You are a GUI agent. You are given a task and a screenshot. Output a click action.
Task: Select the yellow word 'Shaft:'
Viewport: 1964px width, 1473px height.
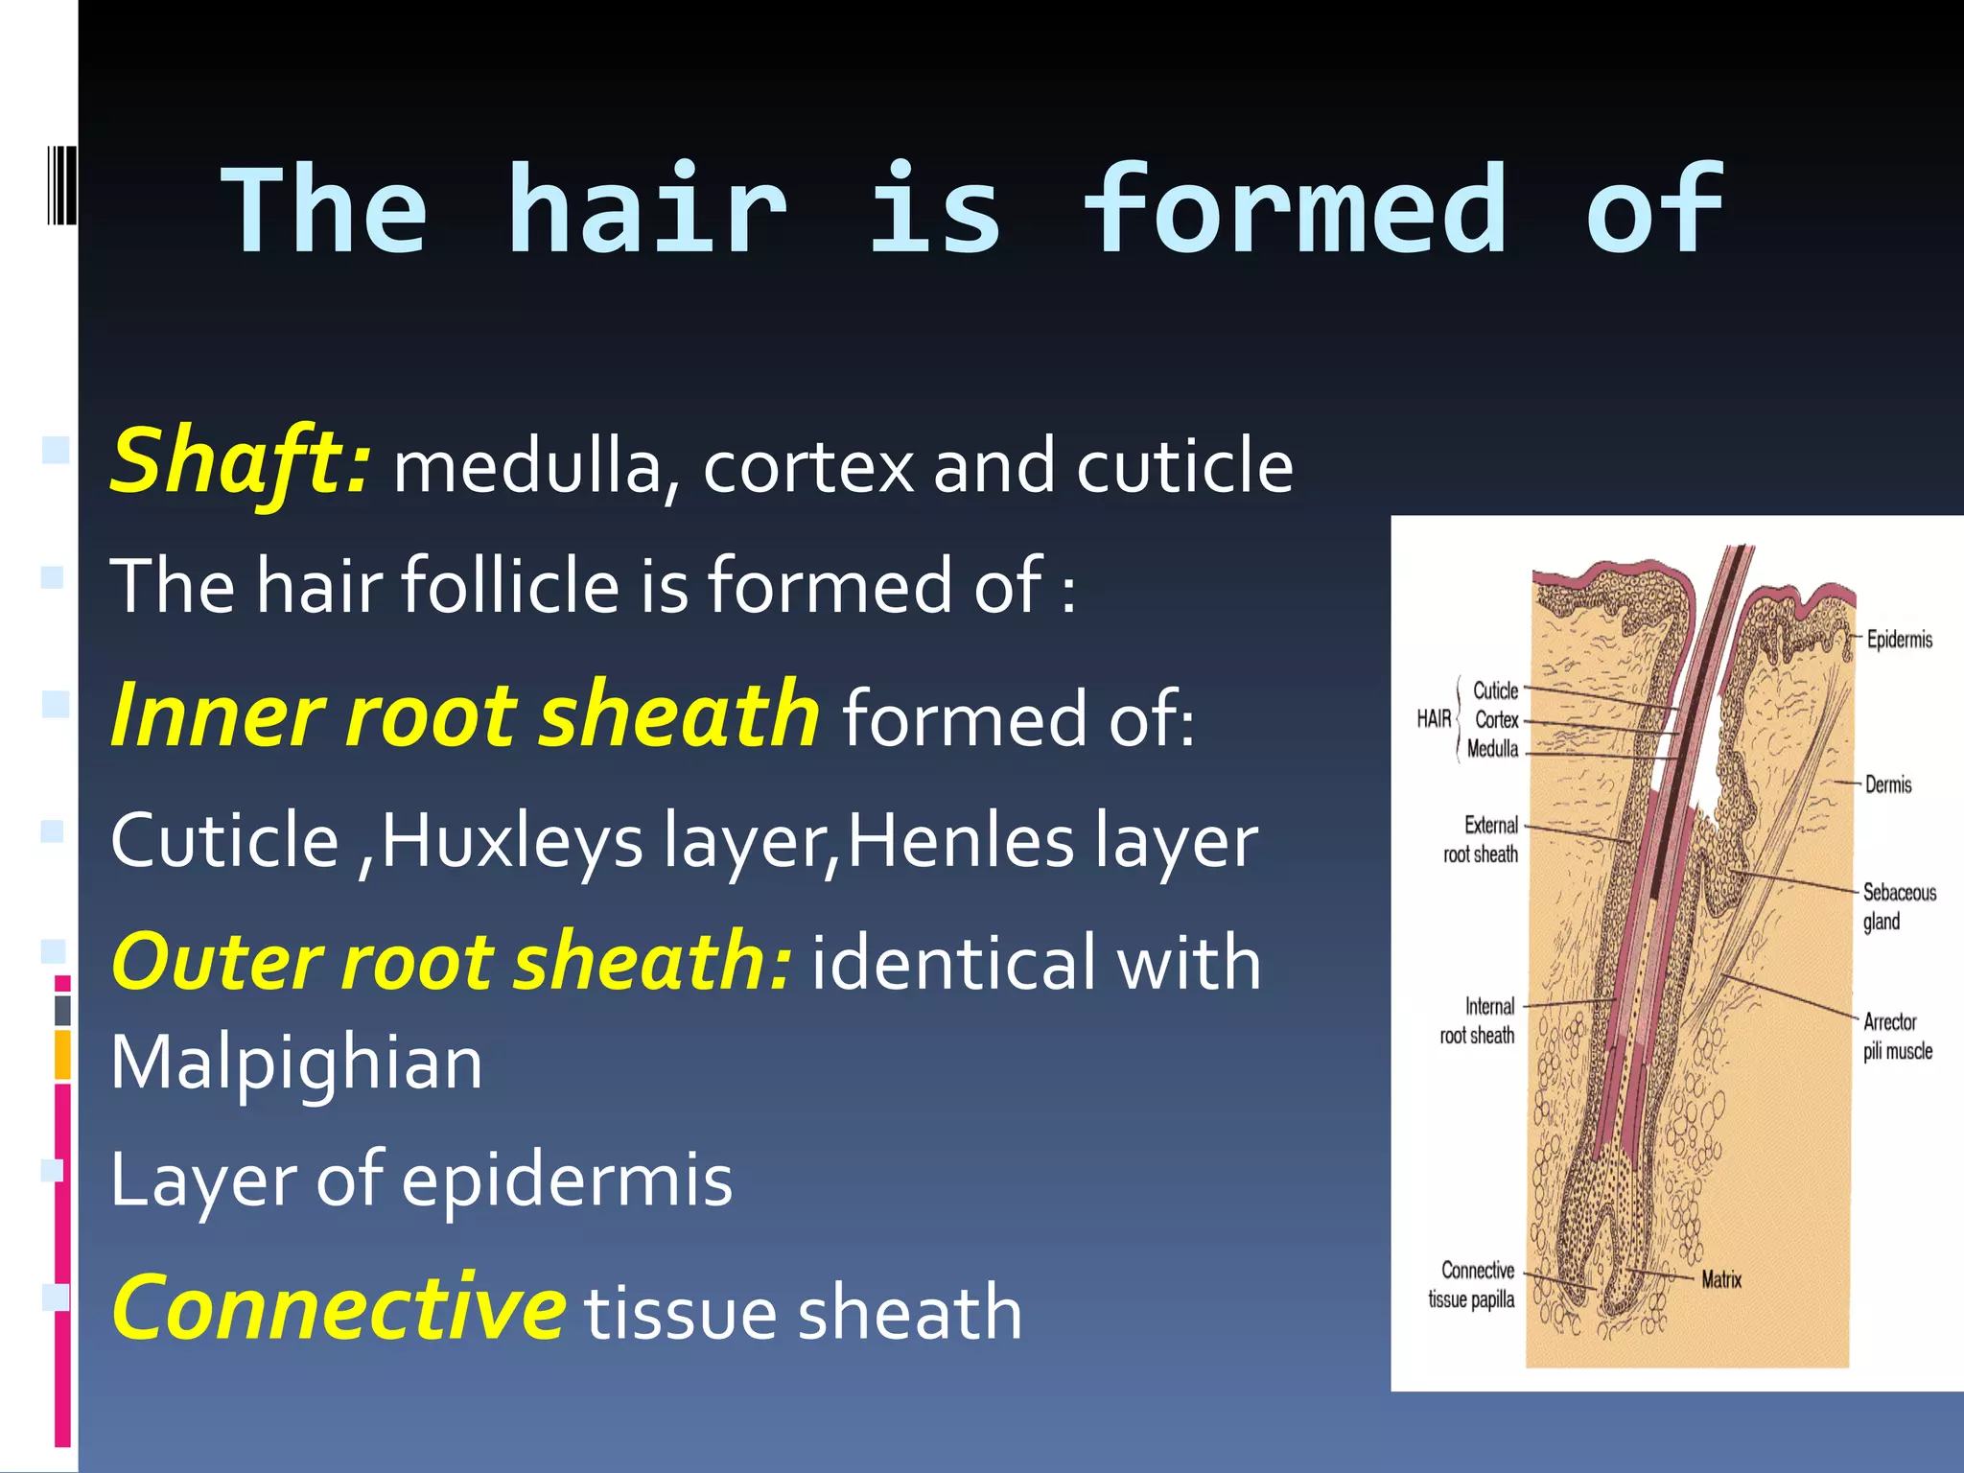[239, 462]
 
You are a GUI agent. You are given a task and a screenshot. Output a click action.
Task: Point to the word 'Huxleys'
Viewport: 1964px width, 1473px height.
[512, 841]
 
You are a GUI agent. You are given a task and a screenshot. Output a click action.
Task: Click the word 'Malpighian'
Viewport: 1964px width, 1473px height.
[296, 1064]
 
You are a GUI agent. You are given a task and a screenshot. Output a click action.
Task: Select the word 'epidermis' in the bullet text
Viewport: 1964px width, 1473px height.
[567, 1181]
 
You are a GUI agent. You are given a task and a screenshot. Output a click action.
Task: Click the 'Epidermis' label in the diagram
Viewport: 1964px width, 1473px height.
[1899, 640]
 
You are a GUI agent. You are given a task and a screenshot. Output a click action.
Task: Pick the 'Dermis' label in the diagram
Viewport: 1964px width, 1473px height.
[1888, 785]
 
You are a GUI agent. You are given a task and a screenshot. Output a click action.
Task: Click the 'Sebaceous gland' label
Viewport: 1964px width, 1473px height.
[1898, 907]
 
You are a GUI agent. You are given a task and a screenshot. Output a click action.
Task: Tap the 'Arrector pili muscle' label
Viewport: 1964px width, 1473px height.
[1897, 1037]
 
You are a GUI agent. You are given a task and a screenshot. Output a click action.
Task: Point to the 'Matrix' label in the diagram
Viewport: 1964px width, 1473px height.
[1721, 1279]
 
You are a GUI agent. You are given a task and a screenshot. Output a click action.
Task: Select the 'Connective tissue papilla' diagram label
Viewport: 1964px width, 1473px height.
[1472, 1285]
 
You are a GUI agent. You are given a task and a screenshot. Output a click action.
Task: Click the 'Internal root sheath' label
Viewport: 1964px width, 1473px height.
[1478, 1020]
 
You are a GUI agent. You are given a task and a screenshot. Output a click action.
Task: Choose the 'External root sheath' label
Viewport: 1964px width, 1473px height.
[1482, 839]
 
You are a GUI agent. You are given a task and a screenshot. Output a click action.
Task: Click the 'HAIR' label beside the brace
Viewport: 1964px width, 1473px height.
[1434, 719]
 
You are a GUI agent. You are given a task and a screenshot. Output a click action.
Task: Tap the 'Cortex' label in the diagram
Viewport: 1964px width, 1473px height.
[1496, 720]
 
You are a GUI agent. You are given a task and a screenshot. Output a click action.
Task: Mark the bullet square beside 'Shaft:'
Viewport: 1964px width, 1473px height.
[56, 450]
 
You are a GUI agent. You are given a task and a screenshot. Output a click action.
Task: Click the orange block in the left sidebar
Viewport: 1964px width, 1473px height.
[62, 1054]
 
